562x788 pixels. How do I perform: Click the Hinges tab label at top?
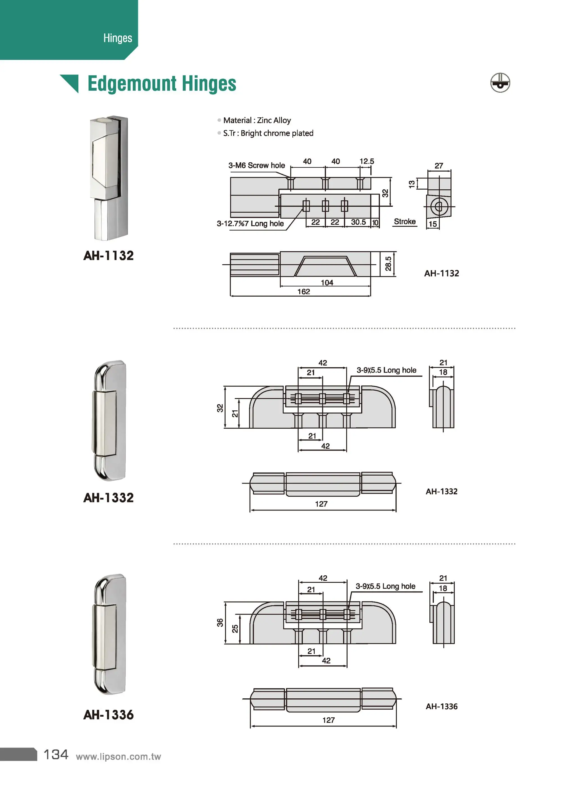[x=118, y=38]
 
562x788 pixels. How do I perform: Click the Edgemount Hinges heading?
[x=162, y=84]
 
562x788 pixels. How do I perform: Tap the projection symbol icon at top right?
[x=500, y=83]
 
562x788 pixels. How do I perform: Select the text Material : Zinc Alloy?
[x=257, y=121]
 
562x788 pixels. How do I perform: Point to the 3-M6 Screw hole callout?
[x=257, y=165]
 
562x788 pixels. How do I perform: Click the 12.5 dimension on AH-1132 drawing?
[x=366, y=161]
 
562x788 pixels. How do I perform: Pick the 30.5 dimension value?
[x=358, y=222]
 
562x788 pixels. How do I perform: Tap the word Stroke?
[x=405, y=221]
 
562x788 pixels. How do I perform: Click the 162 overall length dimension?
[x=303, y=292]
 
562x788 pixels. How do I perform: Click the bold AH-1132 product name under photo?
[x=108, y=256]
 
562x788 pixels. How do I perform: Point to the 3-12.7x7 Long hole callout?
[x=250, y=223]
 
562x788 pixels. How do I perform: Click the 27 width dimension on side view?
[x=439, y=166]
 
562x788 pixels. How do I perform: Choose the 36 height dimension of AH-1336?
[x=220, y=623]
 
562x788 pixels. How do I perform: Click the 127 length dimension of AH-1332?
[x=321, y=504]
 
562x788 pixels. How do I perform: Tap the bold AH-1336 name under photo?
[x=108, y=715]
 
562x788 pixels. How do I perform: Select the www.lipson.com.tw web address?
[x=118, y=757]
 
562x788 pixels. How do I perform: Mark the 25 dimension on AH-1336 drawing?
[x=235, y=628]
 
